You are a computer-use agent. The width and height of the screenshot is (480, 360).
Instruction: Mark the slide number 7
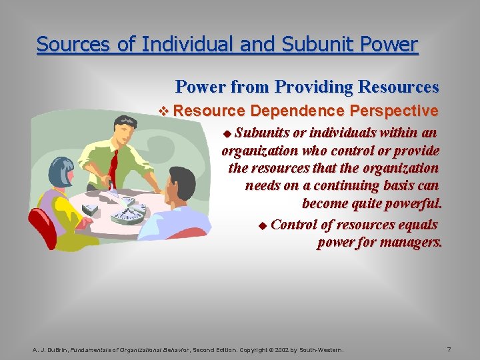(449, 349)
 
